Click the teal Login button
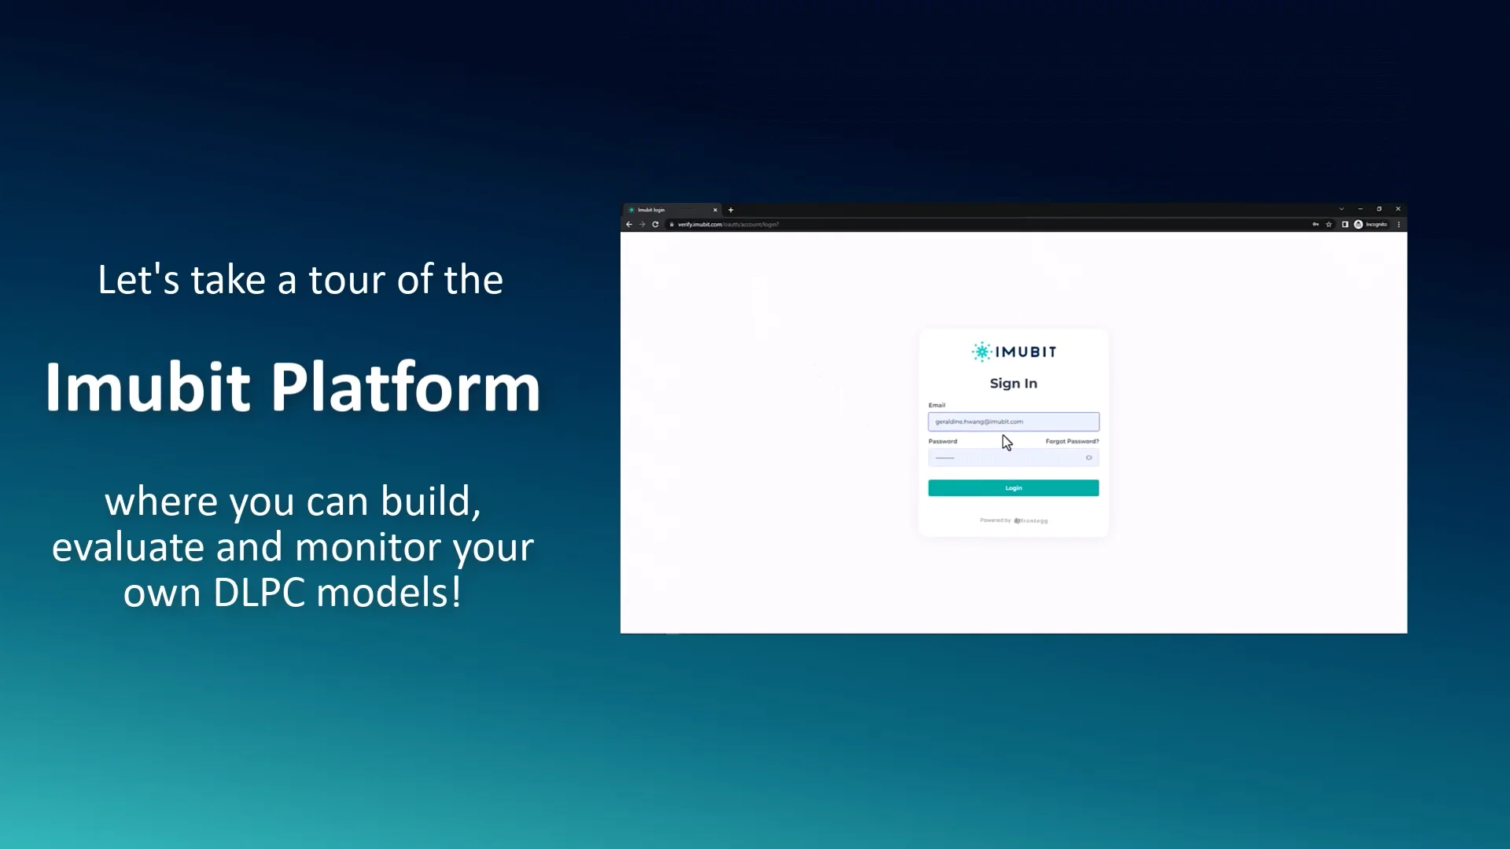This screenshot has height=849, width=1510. pos(1013,488)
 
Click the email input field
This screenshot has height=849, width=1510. pos(1013,422)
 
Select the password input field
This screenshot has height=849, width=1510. pos(1007,458)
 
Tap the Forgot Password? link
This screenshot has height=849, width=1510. pos(1072,442)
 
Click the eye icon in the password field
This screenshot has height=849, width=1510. pos(1089,458)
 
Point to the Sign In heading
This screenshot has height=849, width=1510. pos(1013,384)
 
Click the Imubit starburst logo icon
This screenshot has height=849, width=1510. pos(981,351)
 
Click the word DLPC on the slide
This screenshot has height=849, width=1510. pos(259,592)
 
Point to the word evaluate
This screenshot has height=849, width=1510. pos(127,547)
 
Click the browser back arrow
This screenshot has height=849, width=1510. pos(629,225)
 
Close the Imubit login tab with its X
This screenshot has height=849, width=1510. pos(715,210)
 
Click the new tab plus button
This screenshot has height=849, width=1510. pos(731,210)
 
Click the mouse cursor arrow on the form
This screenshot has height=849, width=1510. pos(1007,443)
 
